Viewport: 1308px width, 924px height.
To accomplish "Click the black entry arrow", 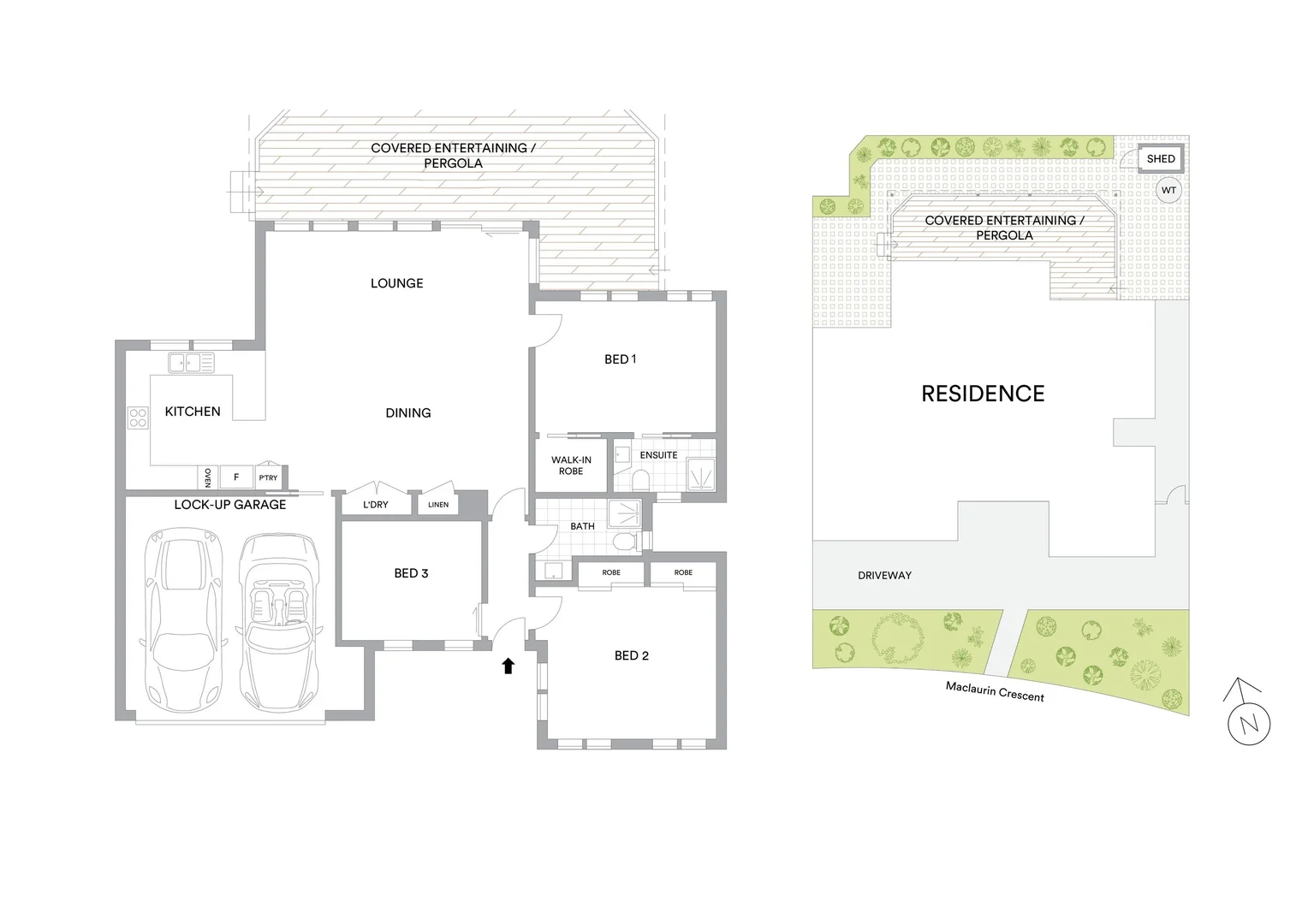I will [508, 665].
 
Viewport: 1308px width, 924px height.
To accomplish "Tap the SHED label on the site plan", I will [1161, 159].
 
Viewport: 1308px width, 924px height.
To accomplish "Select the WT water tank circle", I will [1168, 190].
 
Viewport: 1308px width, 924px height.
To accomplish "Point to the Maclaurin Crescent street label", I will [995, 691].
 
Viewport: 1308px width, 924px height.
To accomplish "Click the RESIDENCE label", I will [983, 394].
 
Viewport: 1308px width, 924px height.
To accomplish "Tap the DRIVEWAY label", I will [884, 576].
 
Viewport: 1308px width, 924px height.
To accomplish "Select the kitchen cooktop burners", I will [138, 418].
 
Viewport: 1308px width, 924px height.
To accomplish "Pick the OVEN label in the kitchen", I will [207, 477].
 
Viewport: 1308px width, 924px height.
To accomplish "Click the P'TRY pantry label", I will [268, 477].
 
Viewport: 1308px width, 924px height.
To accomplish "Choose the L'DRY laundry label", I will [375, 505].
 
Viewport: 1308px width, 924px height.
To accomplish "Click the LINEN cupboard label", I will [438, 505].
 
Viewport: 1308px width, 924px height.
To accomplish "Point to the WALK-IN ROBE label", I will [571, 465].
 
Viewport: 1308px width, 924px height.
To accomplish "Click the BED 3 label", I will [411, 573].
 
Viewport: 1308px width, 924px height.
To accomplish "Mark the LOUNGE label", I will [396, 283].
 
